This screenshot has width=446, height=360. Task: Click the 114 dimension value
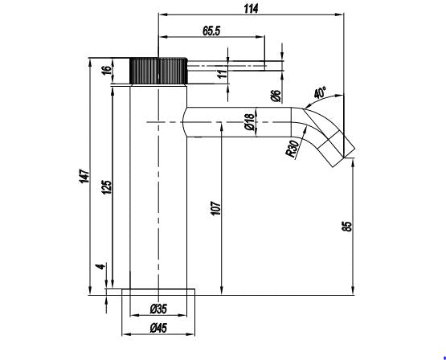click(x=251, y=9)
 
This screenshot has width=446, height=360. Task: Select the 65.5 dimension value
click(x=211, y=31)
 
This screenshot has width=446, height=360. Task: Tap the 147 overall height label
click(x=84, y=176)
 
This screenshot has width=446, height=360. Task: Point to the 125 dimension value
click(x=107, y=187)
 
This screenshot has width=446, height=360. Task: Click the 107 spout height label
click(x=216, y=208)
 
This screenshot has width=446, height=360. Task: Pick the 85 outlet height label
click(x=347, y=226)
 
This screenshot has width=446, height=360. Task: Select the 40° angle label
click(x=320, y=93)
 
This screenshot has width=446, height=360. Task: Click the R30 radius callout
click(x=293, y=149)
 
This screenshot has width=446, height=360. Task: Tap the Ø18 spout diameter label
click(x=249, y=121)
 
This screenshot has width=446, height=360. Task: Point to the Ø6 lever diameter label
click(x=276, y=96)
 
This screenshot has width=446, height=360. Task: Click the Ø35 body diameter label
click(x=158, y=309)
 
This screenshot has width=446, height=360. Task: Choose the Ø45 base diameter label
click(x=158, y=329)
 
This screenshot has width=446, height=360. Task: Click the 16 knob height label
click(x=106, y=70)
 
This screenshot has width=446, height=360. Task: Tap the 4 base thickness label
click(x=101, y=267)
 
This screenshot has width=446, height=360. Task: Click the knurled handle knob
click(x=158, y=71)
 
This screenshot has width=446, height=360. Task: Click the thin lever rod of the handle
click(x=227, y=66)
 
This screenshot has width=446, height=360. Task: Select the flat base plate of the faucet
click(x=158, y=292)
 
